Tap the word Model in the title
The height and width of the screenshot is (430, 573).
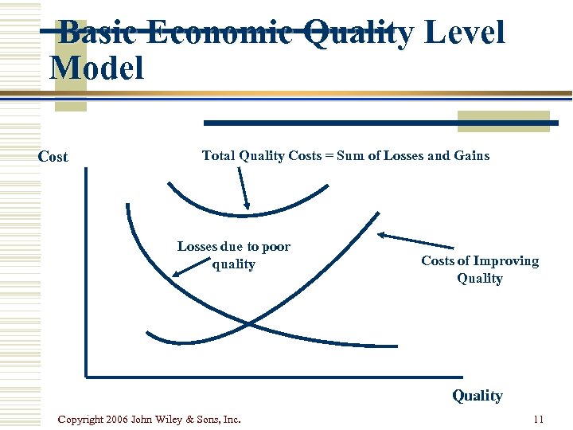click(x=96, y=68)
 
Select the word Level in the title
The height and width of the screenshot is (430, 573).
click(x=464, y=33)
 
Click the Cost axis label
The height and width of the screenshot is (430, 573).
click(x=53, y=157)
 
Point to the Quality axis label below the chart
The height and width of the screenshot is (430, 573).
click(x=477, y=396)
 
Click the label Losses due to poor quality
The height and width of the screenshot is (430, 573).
click(x=233, y=255)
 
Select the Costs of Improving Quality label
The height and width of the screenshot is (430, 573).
click(x=479, y=269)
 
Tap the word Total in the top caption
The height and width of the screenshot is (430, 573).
click(x=217, y=155)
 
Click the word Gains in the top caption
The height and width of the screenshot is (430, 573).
click(x=471, y=155)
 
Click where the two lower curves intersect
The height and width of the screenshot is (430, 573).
click(x=249, y=323)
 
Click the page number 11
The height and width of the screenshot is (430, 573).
click(x=538, y=419)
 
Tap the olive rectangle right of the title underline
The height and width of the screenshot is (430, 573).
click(x=503, y=120)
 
